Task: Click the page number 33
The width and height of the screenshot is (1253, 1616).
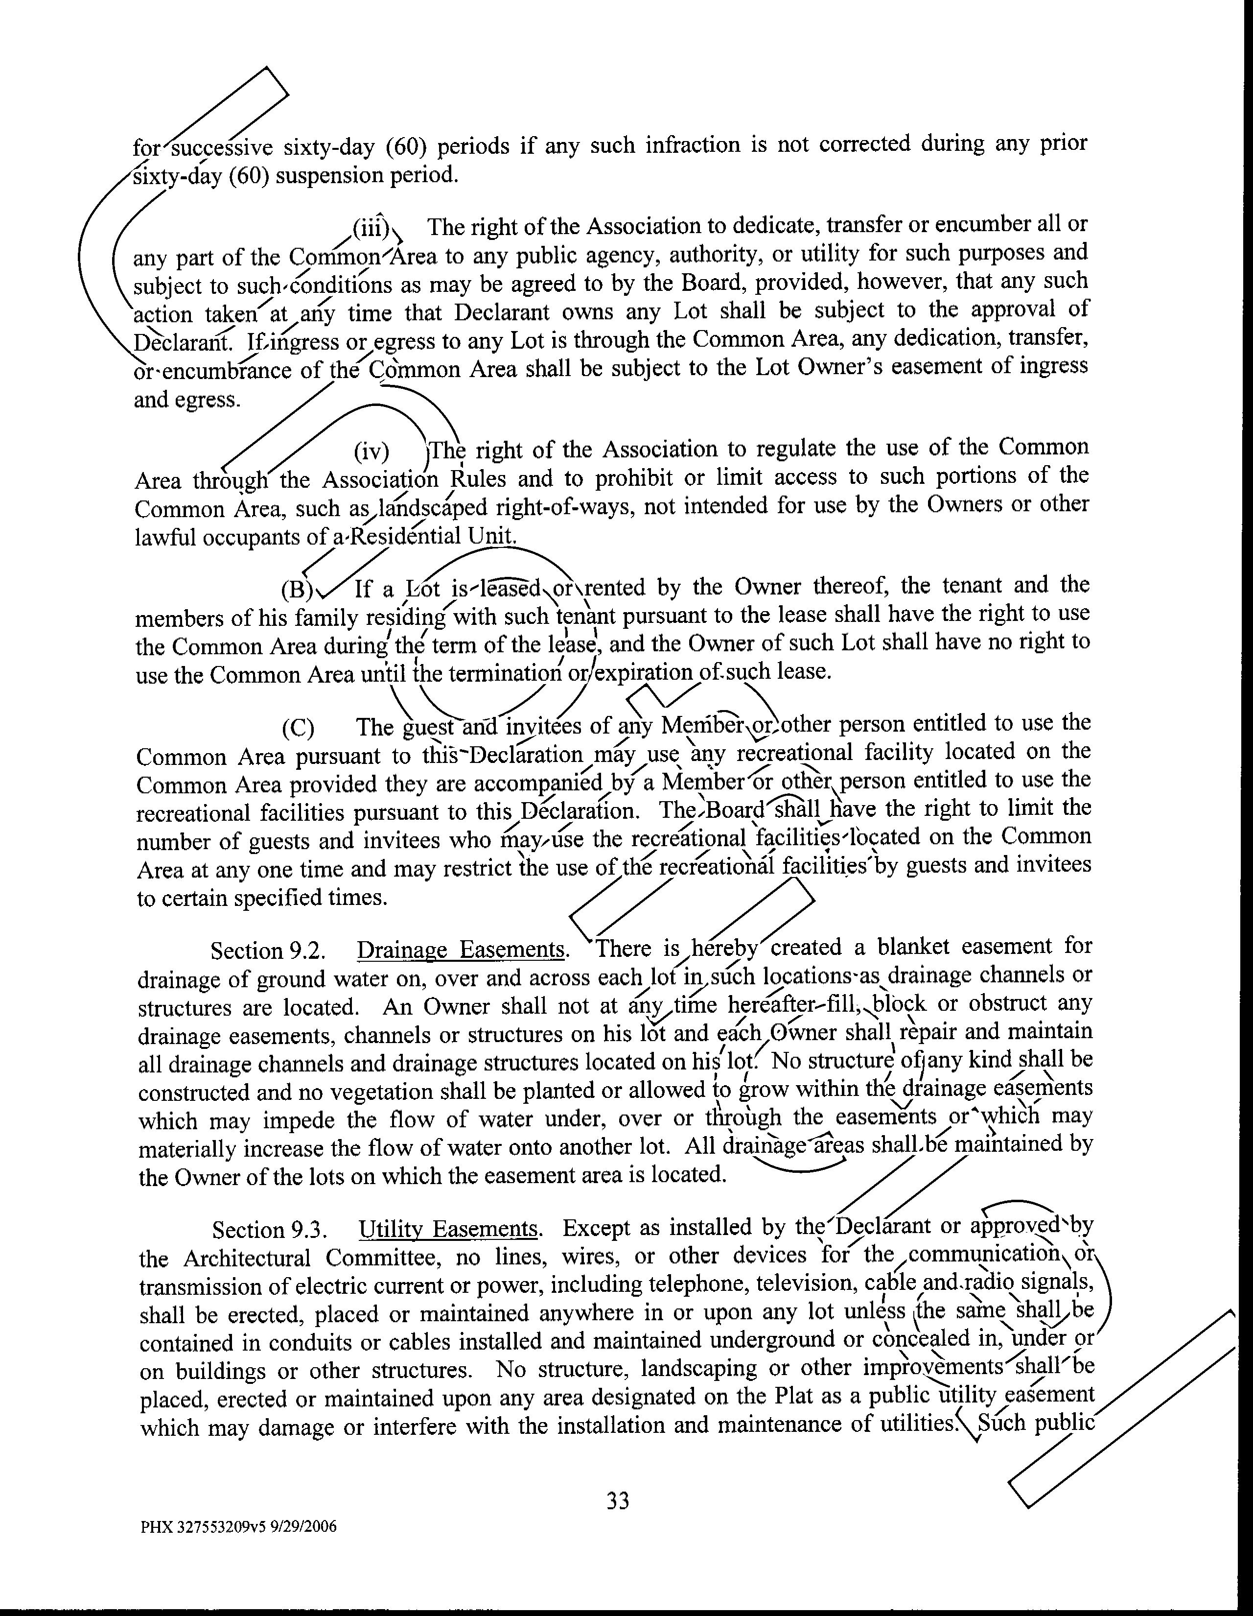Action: click(x=618, y=1500)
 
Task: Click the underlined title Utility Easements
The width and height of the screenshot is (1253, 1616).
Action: click(x=448, y=1230)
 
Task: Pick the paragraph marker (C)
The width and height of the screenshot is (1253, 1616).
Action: click(x=298, y=729)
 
